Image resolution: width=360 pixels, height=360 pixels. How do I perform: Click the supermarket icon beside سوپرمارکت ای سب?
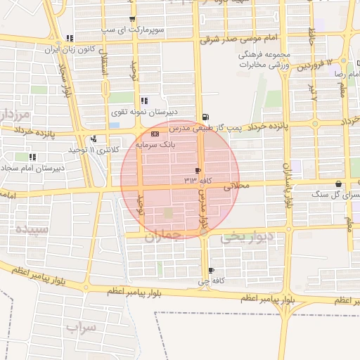132,19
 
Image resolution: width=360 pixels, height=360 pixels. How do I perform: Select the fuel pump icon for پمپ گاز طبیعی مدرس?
205,117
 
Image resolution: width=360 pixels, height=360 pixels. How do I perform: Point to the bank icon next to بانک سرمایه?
155,134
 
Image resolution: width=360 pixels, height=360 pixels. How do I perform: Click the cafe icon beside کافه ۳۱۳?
198,170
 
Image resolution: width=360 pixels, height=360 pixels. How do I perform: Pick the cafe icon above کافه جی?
211,271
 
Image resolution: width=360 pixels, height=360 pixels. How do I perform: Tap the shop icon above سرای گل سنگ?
339,184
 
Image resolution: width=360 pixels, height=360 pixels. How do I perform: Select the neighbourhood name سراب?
81,327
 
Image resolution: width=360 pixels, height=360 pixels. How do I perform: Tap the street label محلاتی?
236,187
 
